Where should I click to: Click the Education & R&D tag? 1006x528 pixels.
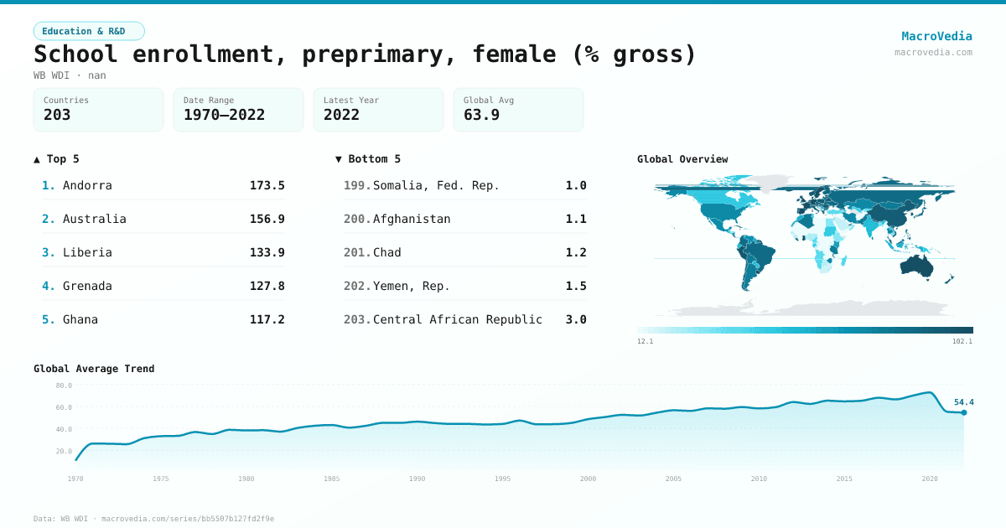89,31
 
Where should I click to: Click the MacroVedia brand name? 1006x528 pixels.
936,36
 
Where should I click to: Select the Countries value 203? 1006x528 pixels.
57,115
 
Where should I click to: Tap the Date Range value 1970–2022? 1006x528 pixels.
224,115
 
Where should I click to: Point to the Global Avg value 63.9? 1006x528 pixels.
481,115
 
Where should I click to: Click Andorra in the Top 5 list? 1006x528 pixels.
87,185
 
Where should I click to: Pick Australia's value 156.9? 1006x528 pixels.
267,219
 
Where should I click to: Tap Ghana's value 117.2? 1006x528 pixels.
267,319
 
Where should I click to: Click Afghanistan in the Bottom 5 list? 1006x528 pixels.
412,219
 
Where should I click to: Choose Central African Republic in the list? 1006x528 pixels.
457,319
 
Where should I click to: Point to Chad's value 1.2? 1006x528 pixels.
576,252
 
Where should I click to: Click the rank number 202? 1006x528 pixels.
356,286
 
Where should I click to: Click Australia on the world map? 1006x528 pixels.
920,266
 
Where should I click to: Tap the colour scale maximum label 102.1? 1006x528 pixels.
962,341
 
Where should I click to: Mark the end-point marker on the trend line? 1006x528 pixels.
964,412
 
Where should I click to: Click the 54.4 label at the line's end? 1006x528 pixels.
963,402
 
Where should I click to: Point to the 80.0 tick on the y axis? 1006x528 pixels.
64,386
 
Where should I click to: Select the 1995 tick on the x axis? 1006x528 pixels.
502,479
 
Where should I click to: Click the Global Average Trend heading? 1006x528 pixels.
94,369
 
